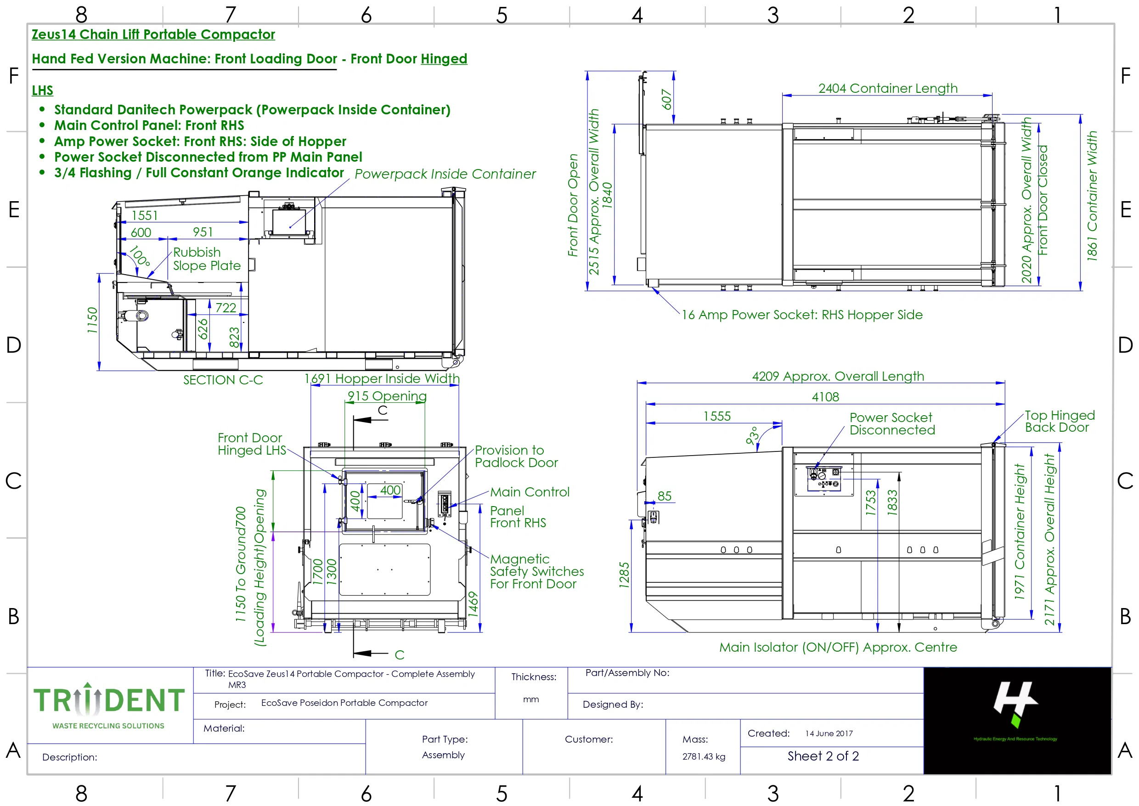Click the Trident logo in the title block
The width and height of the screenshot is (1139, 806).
[109, 705]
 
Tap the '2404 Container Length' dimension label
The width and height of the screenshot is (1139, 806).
[887, 88]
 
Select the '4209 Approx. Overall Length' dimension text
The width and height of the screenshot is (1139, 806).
[838, 376]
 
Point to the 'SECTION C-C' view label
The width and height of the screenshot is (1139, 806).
[223, 380]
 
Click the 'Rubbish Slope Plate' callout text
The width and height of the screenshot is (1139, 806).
[207, 259]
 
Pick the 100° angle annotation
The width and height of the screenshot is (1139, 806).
[140, 256]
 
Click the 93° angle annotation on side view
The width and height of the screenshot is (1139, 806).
[753, 435]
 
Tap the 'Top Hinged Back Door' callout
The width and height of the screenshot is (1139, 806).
[1060, 421]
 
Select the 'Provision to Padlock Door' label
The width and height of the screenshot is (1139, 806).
[516, 456]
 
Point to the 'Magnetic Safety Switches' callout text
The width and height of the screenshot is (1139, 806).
[536, 571]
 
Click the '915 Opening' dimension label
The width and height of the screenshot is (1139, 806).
[387, 396]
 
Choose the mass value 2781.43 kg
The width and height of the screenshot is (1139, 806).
[703, 756]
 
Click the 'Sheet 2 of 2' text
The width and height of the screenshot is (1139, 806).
[823, 756]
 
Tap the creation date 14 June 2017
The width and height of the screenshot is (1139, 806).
[829, 733]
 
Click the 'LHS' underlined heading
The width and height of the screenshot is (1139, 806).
[42, 90]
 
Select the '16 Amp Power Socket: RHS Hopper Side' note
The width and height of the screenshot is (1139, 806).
[802, 315]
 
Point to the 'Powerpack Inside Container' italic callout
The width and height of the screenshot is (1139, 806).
[445, 174]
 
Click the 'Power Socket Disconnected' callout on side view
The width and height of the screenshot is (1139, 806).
[892, 424]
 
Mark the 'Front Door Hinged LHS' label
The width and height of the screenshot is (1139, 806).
[252, 444]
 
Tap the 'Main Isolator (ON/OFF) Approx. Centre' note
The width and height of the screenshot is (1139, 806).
[838, 647]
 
